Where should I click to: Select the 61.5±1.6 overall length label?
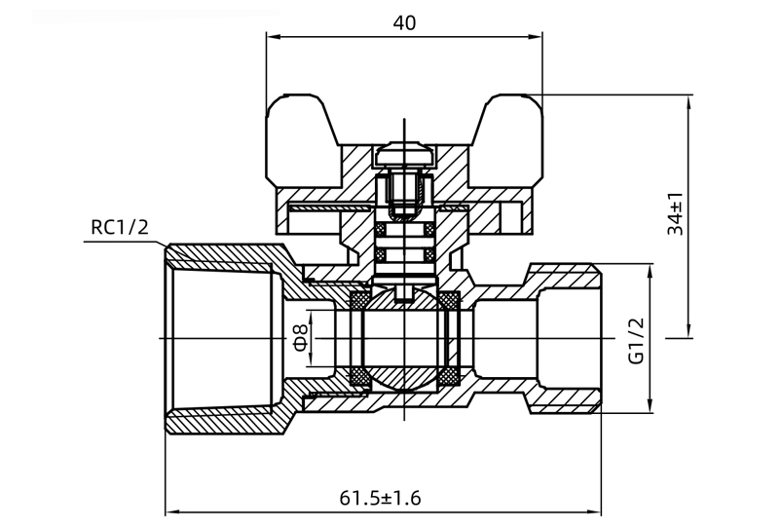pos(380,498)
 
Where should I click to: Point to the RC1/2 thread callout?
pos(119,228)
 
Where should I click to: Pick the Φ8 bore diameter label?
pos(300,338)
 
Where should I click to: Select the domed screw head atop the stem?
pos(404,156)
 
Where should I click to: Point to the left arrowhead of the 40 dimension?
pos(273,37)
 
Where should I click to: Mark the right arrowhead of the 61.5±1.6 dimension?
pos(596,510)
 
